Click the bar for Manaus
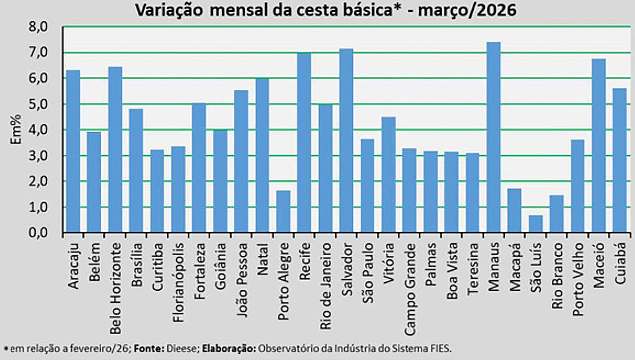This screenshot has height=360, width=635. [x=493, y=137]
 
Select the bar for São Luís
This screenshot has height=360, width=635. [x=535, y=224]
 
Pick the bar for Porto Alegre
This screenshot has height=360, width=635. [x=283, y=212]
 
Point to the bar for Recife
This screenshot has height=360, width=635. [x=304, y=143]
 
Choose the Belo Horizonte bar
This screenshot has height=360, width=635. [x=115, y=150]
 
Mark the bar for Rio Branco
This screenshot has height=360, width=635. [x=557, y=214]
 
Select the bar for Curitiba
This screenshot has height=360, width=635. [x=157, y=191]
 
